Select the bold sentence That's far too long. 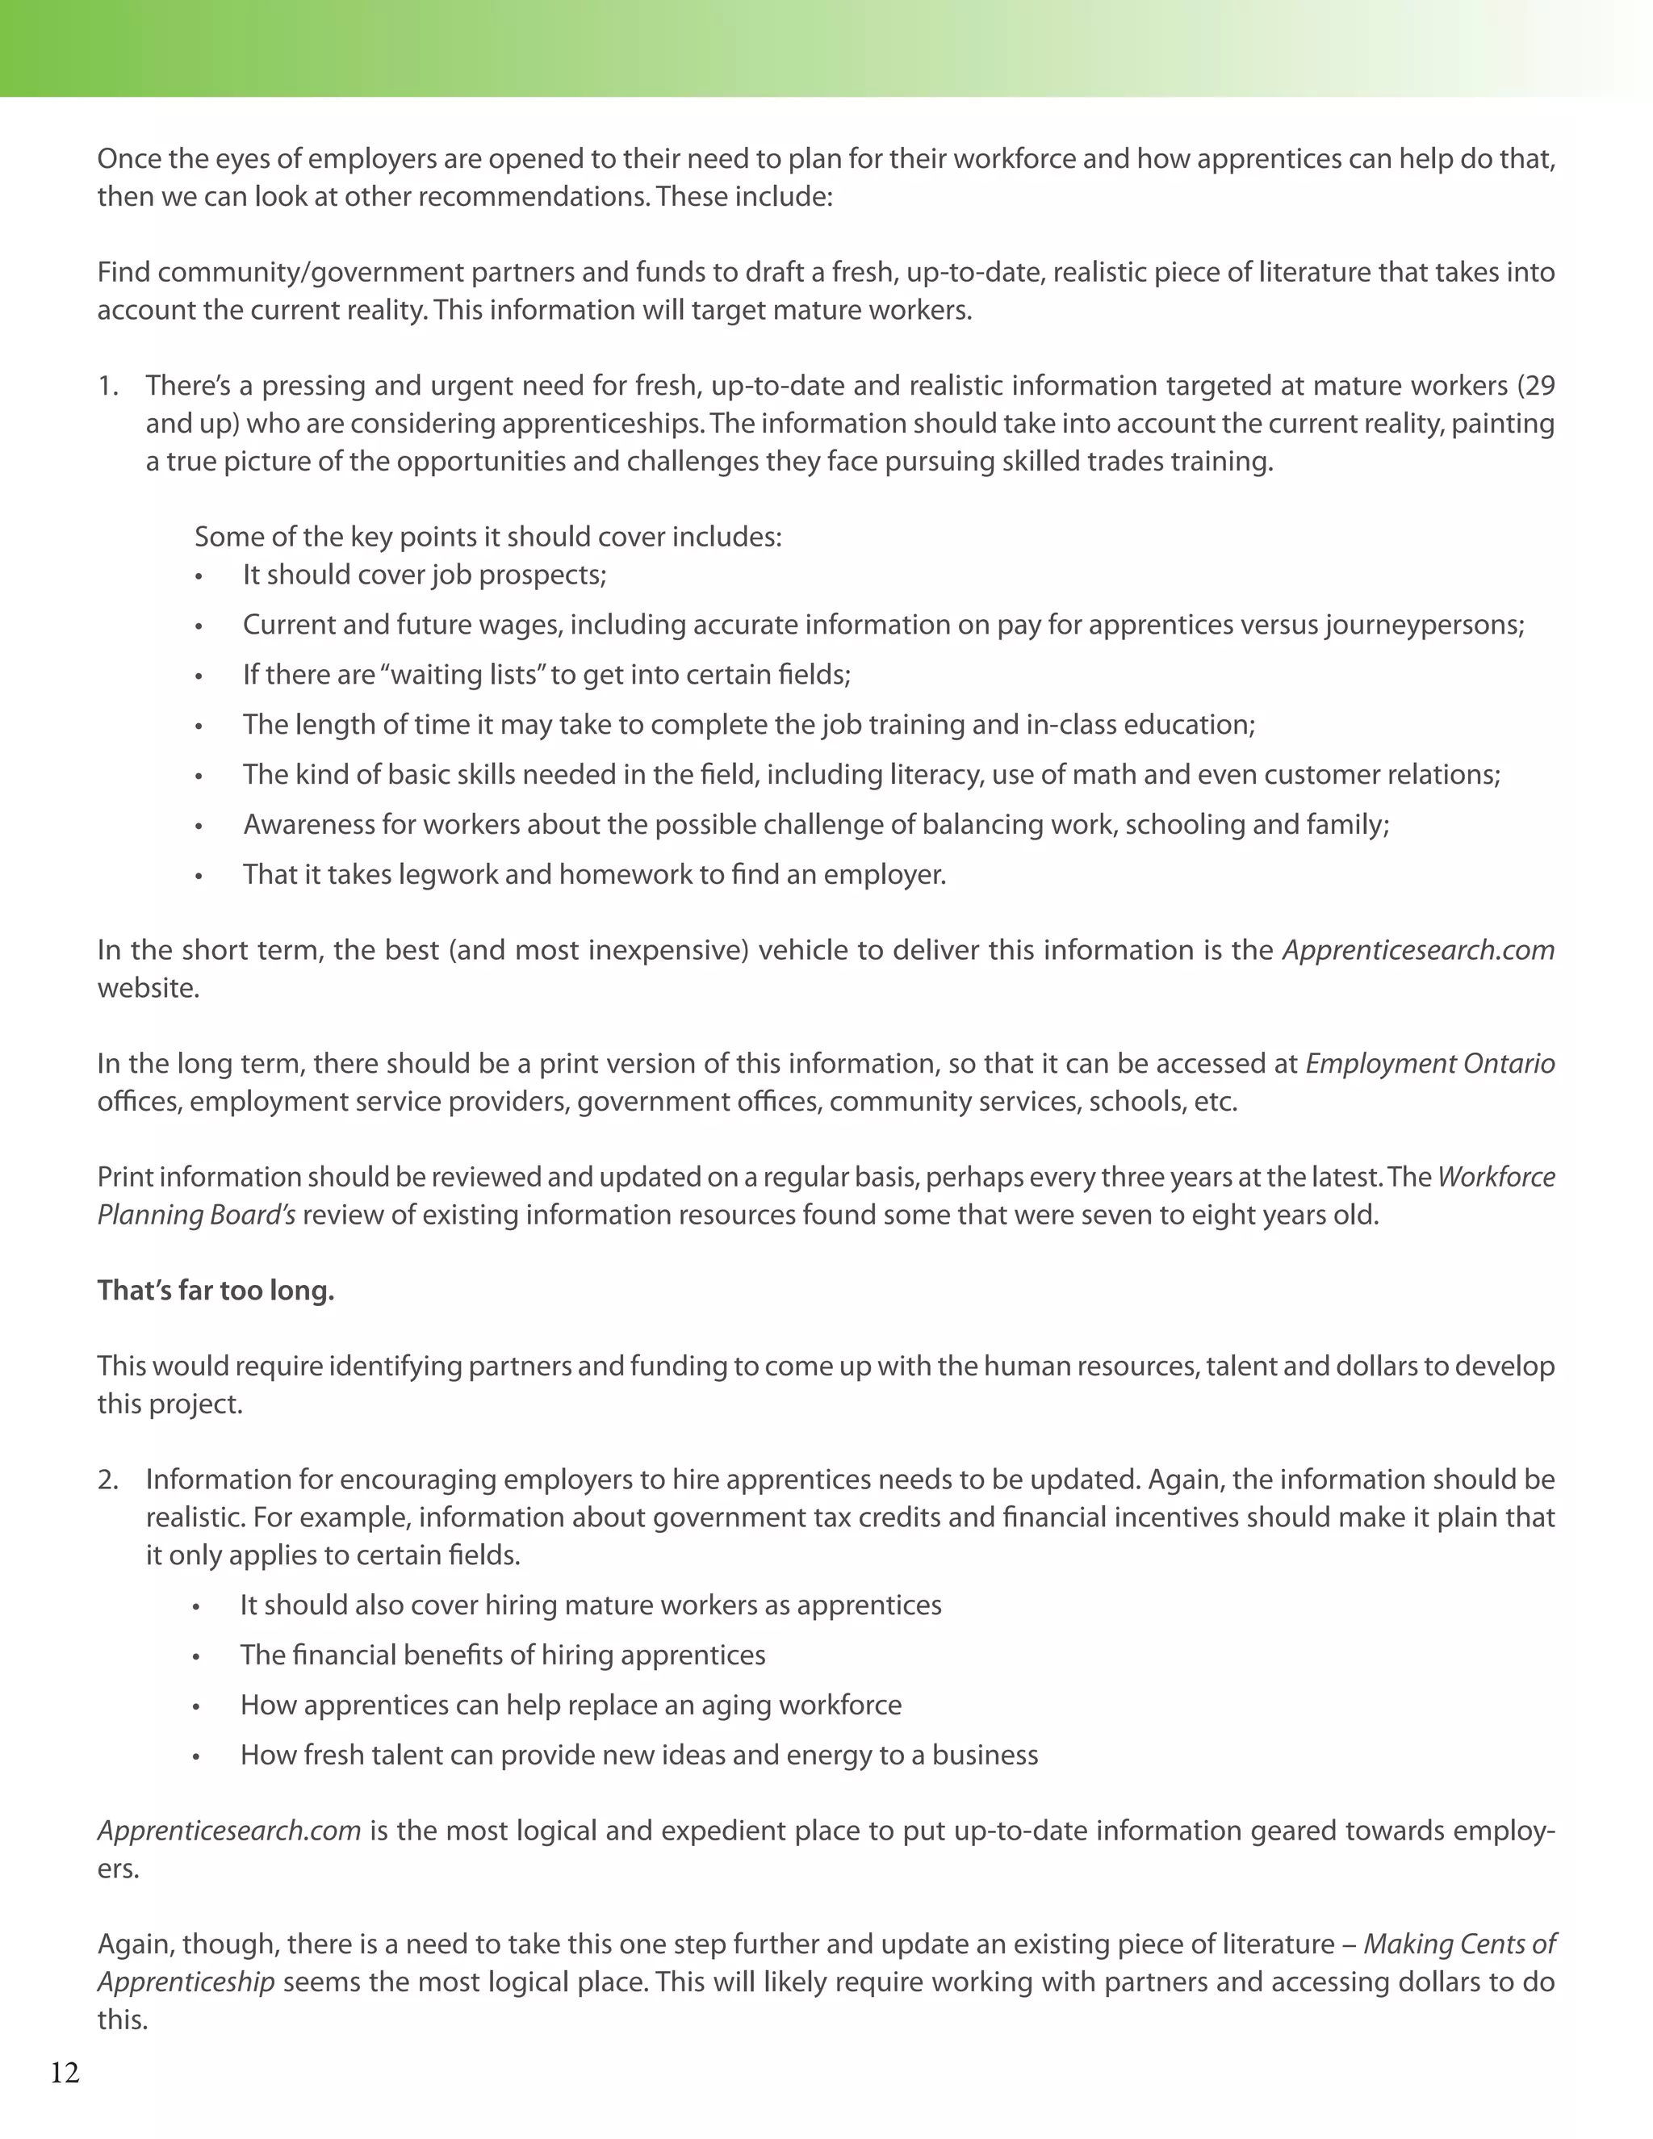coord(216,1291)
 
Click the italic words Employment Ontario coord(1429,1064)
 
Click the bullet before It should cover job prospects coord(199,577)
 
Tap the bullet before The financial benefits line coord(197,1657)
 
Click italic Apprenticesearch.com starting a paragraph coord(229,1831)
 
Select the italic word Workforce coord(1496,1176)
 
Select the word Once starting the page coord(132,159)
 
